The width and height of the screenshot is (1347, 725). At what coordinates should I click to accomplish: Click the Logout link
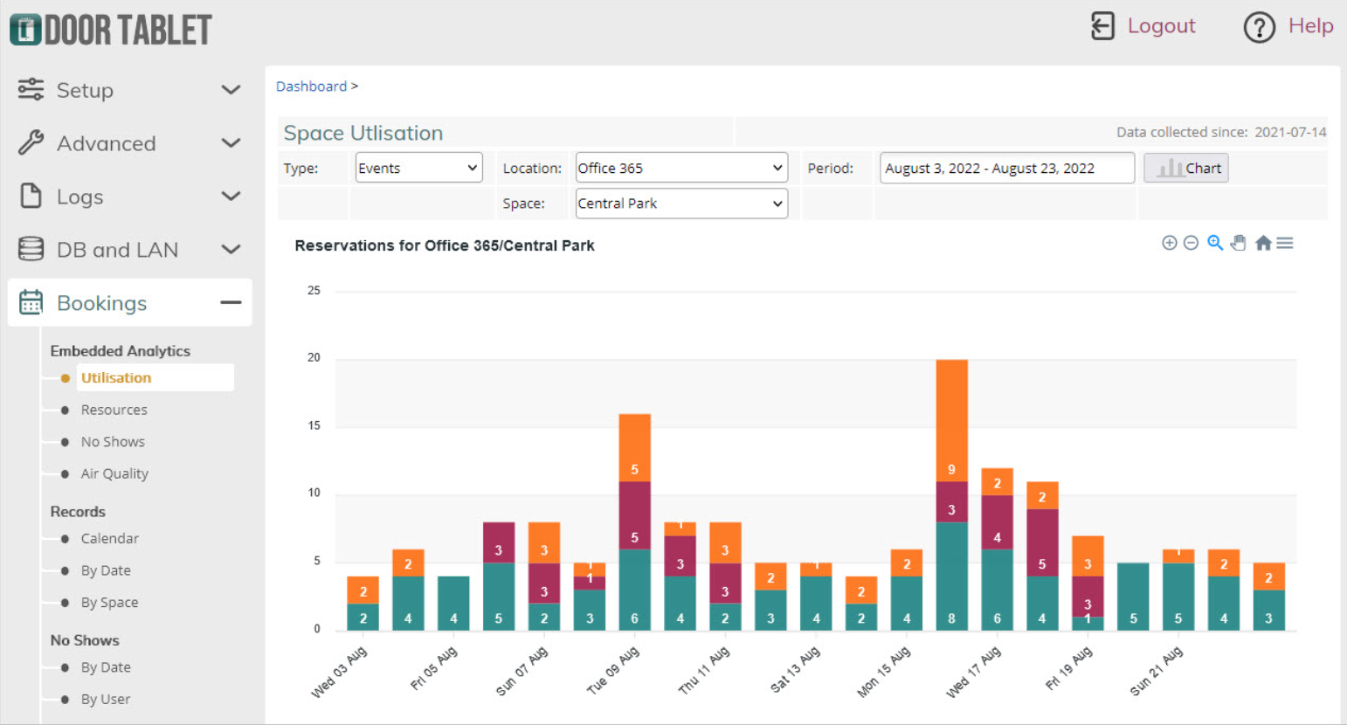click(x=1160, y=26)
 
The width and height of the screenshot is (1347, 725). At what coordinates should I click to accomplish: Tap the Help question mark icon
click(x=1259, y=27)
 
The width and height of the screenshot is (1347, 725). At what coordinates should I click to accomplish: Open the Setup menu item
click(x=85, y=90)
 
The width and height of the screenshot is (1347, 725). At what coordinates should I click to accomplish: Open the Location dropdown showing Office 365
click(x=680, y=168)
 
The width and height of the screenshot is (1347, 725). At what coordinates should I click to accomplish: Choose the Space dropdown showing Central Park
click(x=680, y=204)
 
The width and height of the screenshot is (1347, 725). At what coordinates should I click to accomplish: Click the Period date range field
click(x=1006, y=168)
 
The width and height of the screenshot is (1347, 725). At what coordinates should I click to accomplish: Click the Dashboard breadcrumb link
click(x=311, y=86)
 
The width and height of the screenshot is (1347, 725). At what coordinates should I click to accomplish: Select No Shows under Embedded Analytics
click(x=113, y=442)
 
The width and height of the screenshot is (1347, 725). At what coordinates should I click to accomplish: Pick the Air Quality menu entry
click(x=114, y=473)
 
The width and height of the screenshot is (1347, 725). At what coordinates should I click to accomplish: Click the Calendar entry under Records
click(x=110, y=538)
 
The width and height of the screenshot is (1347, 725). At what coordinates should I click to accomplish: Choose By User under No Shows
click(x=106, y=699)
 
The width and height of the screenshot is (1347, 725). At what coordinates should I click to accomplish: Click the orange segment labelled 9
click(x=951, y=419)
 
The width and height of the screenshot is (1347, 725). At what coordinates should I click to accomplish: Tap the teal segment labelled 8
click(x=951, y=577)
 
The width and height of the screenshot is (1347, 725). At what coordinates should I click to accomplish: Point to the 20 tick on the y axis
click(x=314, y=358)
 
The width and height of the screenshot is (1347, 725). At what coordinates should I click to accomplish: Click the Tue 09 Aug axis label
click(x=613, y=671)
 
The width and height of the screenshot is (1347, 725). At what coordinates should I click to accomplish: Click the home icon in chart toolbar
click(x=1263, y=243)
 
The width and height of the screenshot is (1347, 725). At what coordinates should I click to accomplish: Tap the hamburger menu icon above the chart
click(x=1284, y=243)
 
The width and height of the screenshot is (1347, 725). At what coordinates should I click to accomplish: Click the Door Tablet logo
click(x=111, y=30)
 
